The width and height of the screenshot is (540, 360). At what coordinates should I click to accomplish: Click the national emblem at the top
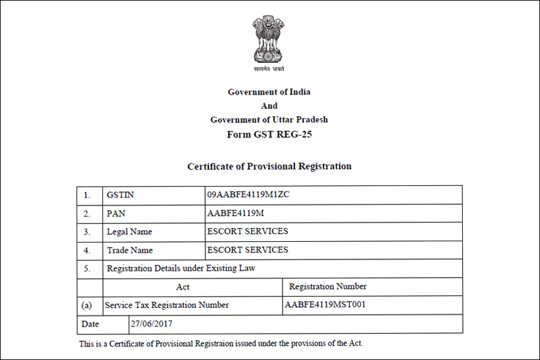tap(269, 38)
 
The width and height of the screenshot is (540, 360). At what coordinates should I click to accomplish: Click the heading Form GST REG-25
tap(269, 134)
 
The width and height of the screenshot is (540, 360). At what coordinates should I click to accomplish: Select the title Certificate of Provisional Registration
tap(269, 166)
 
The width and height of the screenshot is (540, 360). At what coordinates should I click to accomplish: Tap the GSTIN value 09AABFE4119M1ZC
tap(248, 195)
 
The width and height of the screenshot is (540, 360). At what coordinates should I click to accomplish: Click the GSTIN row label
tap(120, 195)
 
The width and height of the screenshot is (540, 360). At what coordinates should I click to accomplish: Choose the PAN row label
tap(116, 214)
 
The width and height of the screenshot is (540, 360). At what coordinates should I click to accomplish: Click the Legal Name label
tap(129, 232)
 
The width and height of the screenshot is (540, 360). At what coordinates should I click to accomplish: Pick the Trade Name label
tap(129, 250)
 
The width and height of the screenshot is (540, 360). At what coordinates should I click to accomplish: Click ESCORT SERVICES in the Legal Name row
tap(247, 231)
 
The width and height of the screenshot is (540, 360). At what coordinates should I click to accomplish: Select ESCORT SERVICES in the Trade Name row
tap(247, 249)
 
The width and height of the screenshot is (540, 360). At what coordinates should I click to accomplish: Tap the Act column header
tap(183, 286)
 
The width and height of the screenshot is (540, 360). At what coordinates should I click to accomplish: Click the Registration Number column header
tap(328, 286)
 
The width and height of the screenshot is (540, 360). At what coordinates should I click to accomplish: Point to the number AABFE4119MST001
tap(325, 305)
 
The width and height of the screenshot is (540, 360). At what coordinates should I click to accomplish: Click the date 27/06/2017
tap(151, 324)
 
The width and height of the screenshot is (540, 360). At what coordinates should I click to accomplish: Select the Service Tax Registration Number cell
tap(167, 305)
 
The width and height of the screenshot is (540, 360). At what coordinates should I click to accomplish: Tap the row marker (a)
tap(87, 305)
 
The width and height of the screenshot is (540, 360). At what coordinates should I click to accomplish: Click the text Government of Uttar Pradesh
tap(269, 120)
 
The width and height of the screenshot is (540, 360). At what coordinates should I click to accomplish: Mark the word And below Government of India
tap(269, 106)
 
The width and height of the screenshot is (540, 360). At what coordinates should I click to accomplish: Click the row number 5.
tap(87, 268)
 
